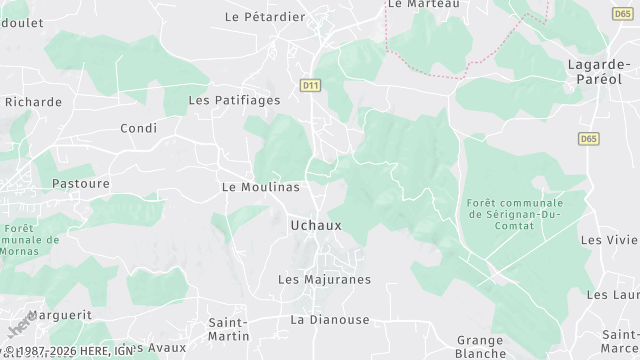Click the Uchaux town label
(x=315, y=225)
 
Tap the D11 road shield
(x=310, y=86)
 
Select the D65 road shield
(x=589, y=138)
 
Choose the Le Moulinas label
(x=260, y=187)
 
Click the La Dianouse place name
(x=329, y=319)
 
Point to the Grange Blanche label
(x=480, y=346)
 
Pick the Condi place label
(x=139, y=128)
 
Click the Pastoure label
(x=80, y=184)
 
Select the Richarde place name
(x=33, y=101)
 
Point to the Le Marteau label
(x=422, y=5)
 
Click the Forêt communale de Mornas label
(x=32, y=240)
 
